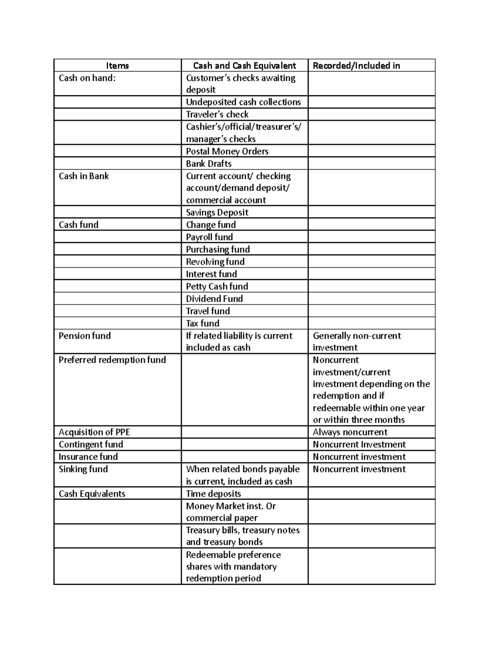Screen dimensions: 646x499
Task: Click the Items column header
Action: pos(117,66)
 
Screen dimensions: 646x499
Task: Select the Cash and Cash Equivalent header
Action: pos(245,66)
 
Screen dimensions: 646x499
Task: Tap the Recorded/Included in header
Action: pos(356,66)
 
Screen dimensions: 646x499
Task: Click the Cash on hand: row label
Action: pos(87,78)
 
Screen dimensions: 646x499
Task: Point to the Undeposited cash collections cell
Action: pos(243,102)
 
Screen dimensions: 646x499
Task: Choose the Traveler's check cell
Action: pos(217,114)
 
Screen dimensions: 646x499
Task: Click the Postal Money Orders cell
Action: pos(227,151)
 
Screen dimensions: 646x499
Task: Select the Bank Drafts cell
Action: pos(209,164)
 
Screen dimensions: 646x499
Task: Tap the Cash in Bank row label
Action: pos(84,176)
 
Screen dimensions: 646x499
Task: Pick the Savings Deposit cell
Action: pos(217,213)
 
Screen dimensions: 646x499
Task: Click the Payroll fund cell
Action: pos(209,237)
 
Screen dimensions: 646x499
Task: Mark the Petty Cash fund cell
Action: pos(217,287)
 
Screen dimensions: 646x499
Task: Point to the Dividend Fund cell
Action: pos(214,299)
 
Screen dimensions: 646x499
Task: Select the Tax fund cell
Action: pos(203,323)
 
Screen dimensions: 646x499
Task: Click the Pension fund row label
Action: pos(84,336)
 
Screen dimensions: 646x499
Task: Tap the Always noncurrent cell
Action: pos(350,432)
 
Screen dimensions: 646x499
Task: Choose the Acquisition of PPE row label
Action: pos(94,432)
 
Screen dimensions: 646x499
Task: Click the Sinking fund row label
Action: pos(83,469)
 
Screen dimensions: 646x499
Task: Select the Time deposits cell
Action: pos(213,494)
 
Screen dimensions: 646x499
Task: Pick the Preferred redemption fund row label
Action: pos(112,360)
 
